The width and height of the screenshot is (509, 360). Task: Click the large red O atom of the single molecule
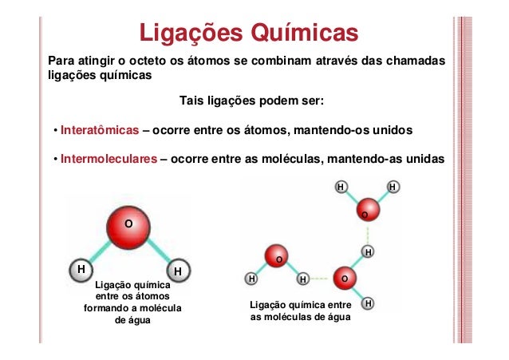pyautogui.click(x=126, y=224)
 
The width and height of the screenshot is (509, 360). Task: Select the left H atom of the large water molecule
pyautogui.click(x=80, y=271)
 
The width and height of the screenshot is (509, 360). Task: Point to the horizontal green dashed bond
pyautogui.click(x=322, y=279)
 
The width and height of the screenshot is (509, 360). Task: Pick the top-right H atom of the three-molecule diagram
pyautogui.click(x=393, y=187)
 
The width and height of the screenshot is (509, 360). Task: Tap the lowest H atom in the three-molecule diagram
pyautogui.click(x=367, y=304)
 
